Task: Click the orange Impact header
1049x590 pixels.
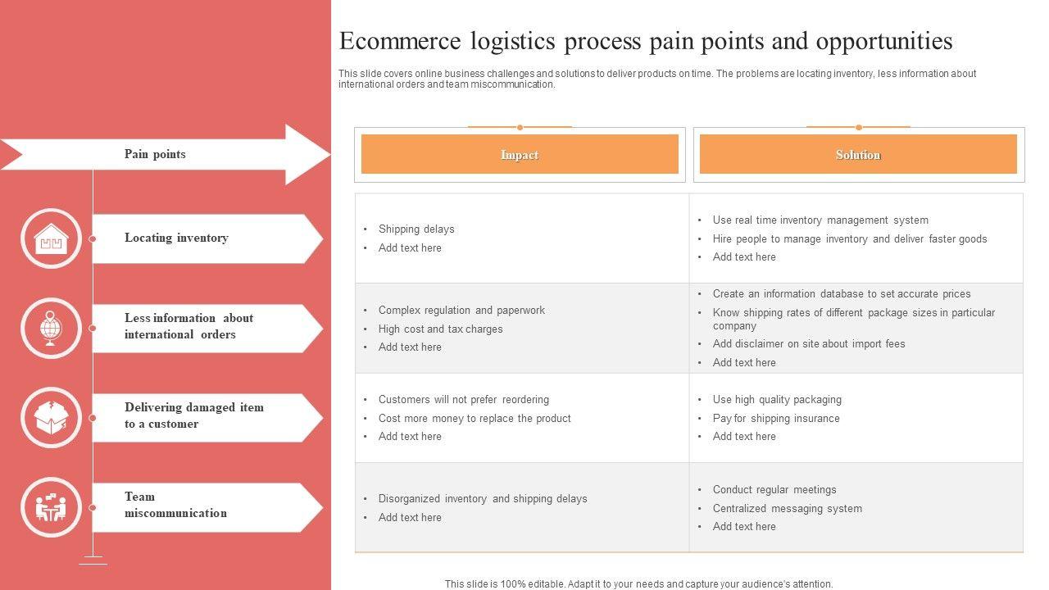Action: click(x=520, y=155)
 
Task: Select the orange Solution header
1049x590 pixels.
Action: click(x=858, y=155)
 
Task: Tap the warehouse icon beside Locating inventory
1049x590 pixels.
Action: click(x=51, y=239)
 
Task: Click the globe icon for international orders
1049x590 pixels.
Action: click(x=51, y=329)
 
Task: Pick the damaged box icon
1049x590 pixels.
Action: click(x=51, y=418)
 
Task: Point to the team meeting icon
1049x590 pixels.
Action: click(x=51, y=508)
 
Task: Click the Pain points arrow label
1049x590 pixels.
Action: click(x=155, y=154)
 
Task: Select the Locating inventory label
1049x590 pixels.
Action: click(x=176, y=238)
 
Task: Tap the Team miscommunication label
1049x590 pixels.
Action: click(x=175, y=505)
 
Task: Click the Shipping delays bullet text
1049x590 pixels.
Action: click(x=416, y=229)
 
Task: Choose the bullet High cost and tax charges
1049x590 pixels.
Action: click(x=440, y=329)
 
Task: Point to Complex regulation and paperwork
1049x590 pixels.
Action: click(x=461, y=311)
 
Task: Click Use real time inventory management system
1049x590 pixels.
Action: click(x=820, y=220)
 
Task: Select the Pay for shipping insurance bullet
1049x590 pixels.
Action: click(x=776, y=419)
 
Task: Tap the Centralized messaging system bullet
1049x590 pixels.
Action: click(x=787, y=509)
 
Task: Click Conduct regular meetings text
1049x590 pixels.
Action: click(x=774, y=490)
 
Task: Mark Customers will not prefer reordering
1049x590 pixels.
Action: click(x=463, y=400)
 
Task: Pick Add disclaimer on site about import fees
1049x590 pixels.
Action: click(x=809, y=344)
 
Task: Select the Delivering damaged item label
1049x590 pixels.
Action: click(x=194, y=415)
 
